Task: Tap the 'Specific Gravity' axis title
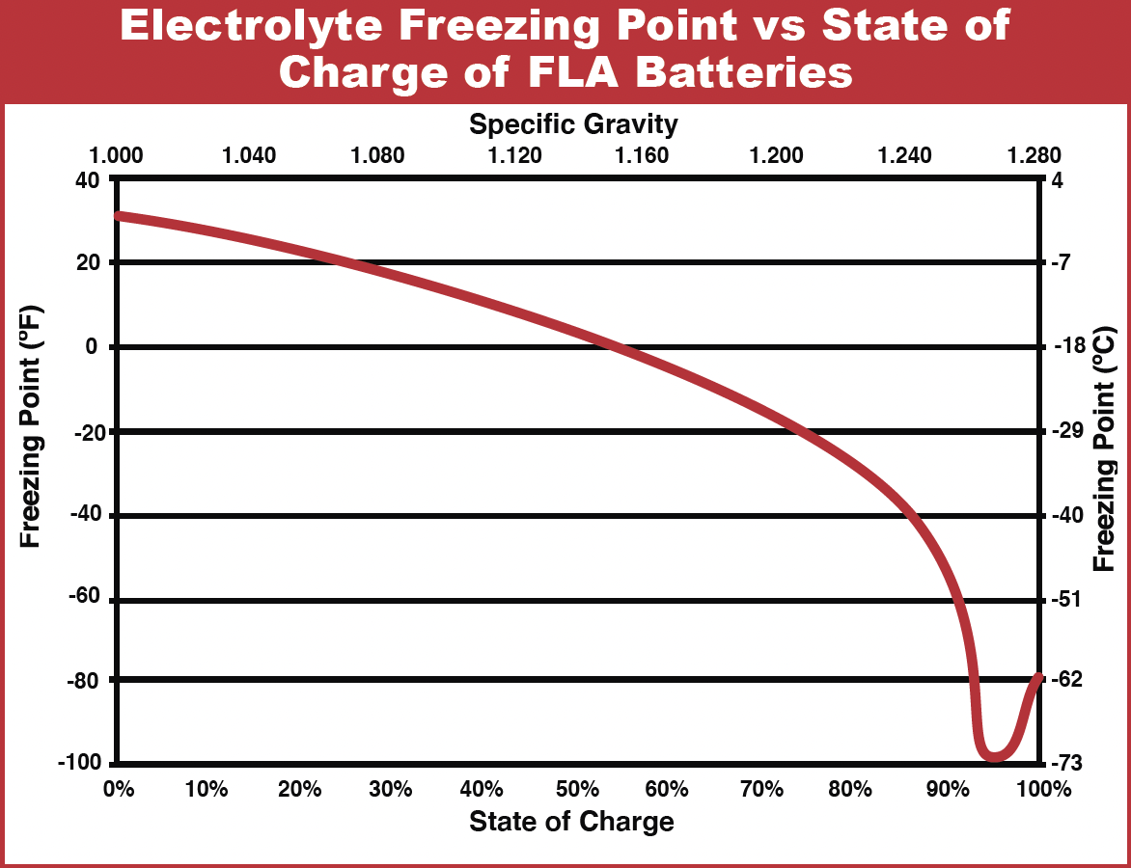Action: [x=573, y=123]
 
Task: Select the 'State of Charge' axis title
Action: [x=571, y=822]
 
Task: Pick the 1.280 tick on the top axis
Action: [x=1034, y=156]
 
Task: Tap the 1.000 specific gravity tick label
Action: [x=116, y=156]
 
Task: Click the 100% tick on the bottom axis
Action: [x=1041, y=789]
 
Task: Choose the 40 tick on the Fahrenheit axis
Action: [x=90, y=179]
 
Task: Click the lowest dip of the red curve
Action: [x=994, y=755]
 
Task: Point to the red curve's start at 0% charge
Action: [x=118, y=216]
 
